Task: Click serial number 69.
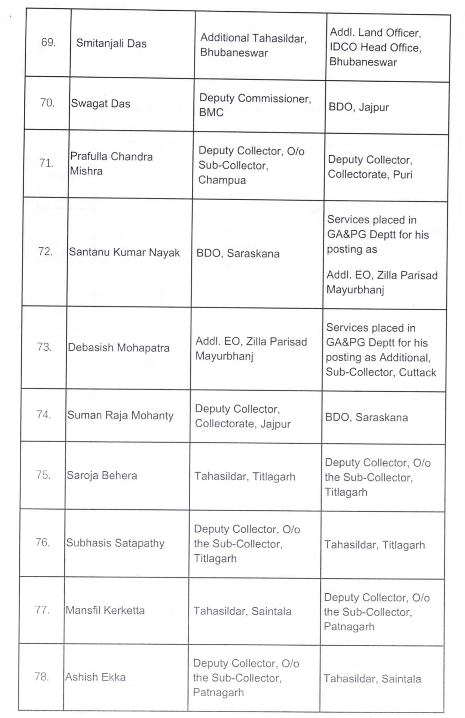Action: tap(48, 43)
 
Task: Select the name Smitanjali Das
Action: tap(111, 44)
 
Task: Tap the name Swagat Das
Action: tap(100, 104)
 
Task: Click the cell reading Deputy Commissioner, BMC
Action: tap(255, 105)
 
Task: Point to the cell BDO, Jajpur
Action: tap(359, 107)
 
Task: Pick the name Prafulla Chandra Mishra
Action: tap(111, 163)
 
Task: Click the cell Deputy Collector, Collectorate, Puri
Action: tap(370, 167)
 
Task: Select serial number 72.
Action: tap(45, 251)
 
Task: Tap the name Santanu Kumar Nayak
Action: tap(124, 253)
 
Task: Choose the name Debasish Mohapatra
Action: tap(118, 348)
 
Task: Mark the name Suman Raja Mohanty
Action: tap(120, 416)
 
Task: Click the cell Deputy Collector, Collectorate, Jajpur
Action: tap(243, 416)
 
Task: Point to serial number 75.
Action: tap(43, 475)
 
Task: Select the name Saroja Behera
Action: tap(102, 476)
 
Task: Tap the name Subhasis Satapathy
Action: tap(115, 543)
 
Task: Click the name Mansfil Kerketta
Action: tap(105, 610)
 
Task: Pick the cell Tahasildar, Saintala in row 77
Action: tap(242, 611)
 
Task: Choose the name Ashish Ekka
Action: tap(96, 677)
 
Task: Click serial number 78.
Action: tap(42, 677)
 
